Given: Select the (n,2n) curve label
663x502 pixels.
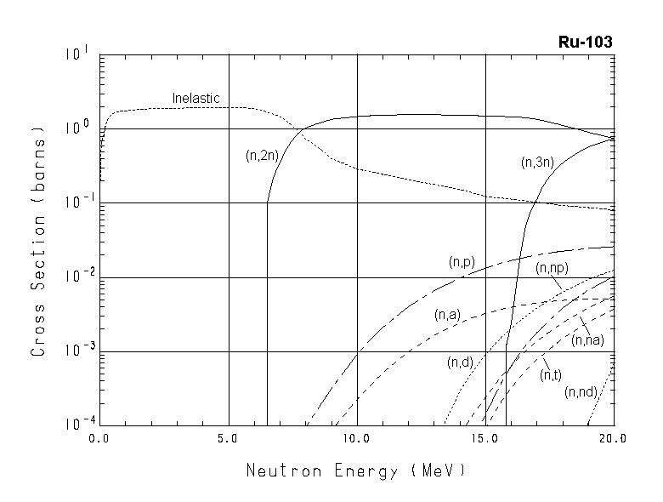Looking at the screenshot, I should (x=258, y=156).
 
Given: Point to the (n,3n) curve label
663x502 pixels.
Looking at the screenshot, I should (x=538, y=163).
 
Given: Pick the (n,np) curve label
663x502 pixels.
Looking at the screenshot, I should (x=552, y=268).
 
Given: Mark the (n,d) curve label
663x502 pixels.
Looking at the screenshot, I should (x=460, y=363).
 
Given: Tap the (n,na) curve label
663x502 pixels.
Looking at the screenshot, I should (x=587, y=340).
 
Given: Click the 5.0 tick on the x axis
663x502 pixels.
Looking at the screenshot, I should (x=229, y=439).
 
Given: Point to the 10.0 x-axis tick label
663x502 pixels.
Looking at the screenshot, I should (x=356, y=439).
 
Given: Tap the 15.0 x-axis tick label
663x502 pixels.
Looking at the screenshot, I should (x=484, y=439).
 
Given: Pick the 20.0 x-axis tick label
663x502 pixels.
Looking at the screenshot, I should (x=612, y=439).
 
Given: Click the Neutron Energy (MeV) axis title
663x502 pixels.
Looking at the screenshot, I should (x=355, y=470).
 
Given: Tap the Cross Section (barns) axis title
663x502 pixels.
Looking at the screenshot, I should (x=38, y=241).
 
